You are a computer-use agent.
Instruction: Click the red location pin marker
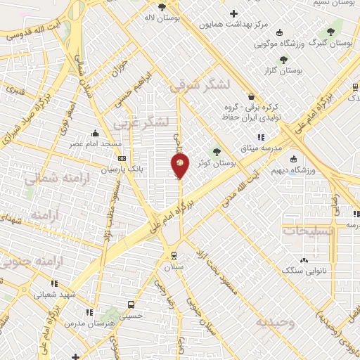(180, 166)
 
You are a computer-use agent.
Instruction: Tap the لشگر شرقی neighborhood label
(200, 86)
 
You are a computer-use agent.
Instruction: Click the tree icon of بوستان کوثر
(216, 150)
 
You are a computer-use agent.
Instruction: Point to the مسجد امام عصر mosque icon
(96, 133)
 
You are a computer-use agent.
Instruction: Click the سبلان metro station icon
(173, 257)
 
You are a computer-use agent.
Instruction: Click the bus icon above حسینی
(130, 304)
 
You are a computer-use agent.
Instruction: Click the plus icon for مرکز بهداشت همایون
(233, 13)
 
